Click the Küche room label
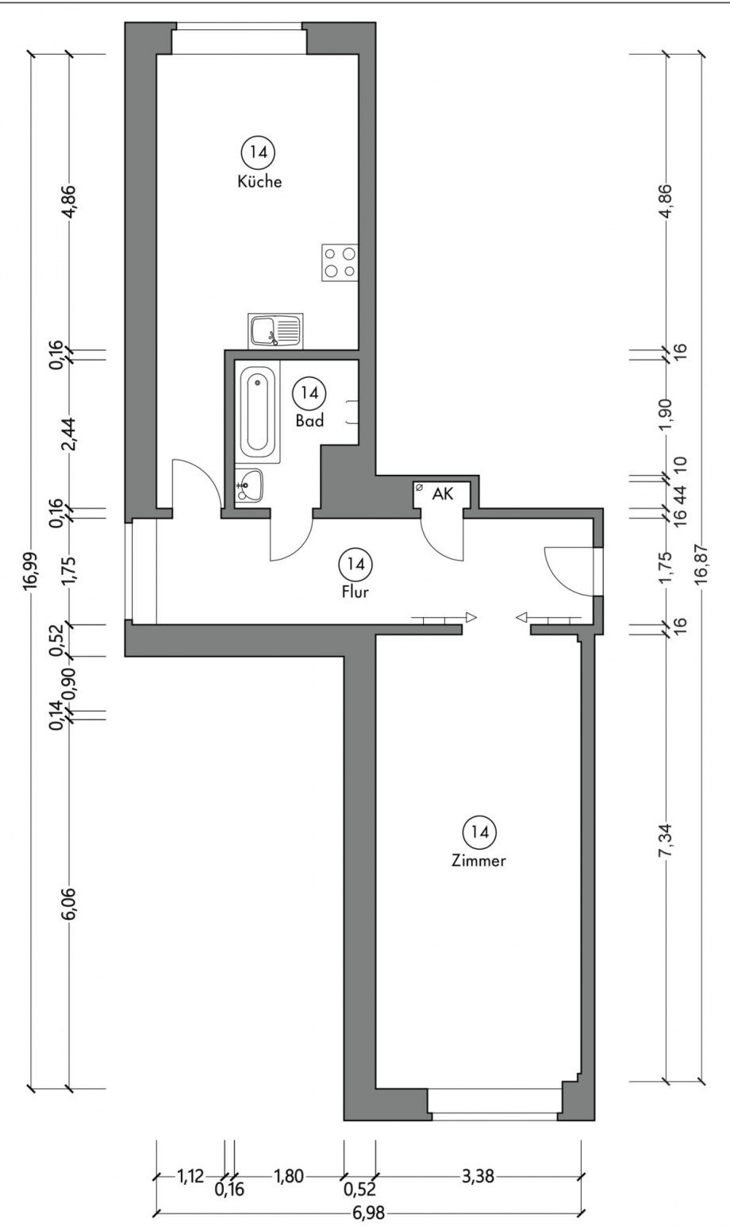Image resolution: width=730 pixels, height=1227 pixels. pos(259,182)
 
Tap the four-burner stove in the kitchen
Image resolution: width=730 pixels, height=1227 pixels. pos(340,262)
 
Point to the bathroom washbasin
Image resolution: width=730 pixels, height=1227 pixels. pos(250,484)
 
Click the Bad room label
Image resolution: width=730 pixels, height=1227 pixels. pos(309,422)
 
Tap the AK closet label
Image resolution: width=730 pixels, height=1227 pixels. pos(442,494)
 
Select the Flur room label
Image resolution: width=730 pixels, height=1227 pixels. pos(354,592)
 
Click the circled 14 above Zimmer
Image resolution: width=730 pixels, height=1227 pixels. pos(479,832)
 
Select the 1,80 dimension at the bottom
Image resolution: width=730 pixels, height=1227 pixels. pos(288,1177)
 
